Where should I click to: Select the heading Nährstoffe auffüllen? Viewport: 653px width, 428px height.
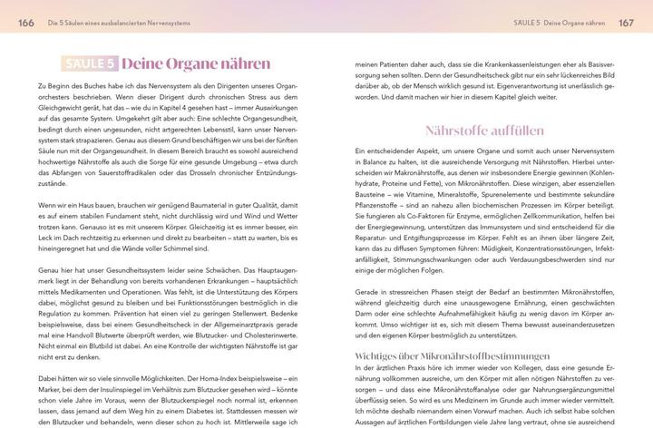coord(486,131)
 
